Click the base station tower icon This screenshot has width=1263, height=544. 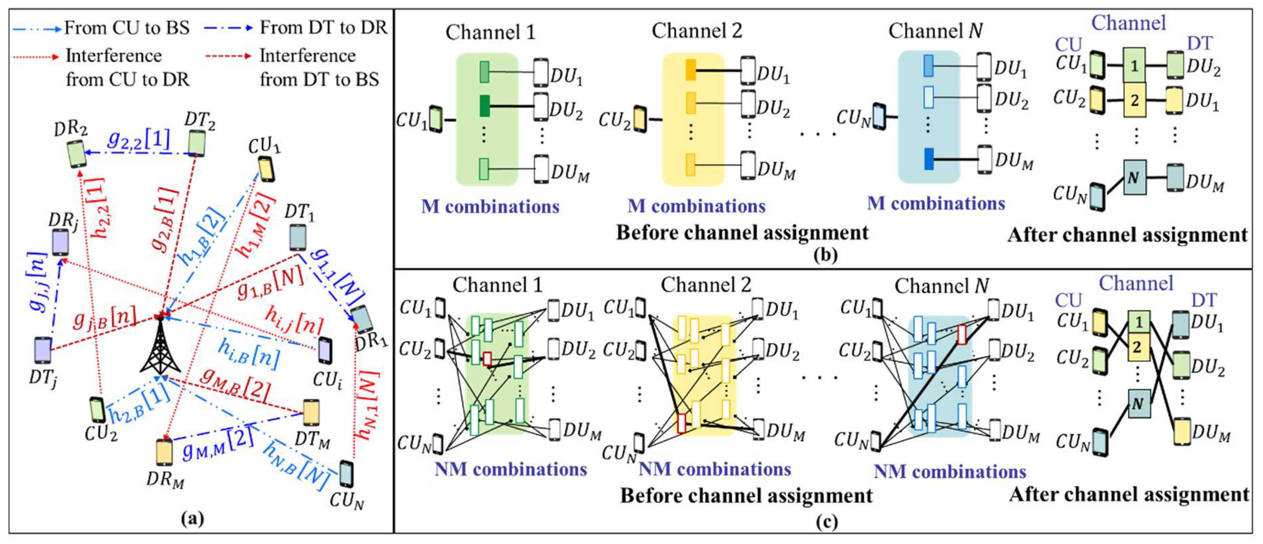click(x=160, y=345)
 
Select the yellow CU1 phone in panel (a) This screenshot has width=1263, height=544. click(x=266, y=169)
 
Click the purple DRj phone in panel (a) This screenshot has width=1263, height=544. click(x=60, y=242)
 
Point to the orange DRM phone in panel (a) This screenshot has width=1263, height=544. click(x=164, y=452)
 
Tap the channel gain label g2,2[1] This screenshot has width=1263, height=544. click(x=139, y=140)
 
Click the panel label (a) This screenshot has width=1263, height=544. click(x=192, y=518)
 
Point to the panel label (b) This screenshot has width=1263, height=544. click(x=825, y=255)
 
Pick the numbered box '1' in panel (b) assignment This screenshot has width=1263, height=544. click(x=1134, y=65)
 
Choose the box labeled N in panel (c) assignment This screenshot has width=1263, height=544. click(x=1138, y=403)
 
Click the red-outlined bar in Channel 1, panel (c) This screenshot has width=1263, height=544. click(x=487, y=359)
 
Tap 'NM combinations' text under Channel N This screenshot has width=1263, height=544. click(x=950, y=471)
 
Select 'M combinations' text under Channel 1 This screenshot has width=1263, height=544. click(x=490, y=206)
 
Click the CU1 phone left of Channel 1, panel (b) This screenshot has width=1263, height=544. click(x=435, y=119)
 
